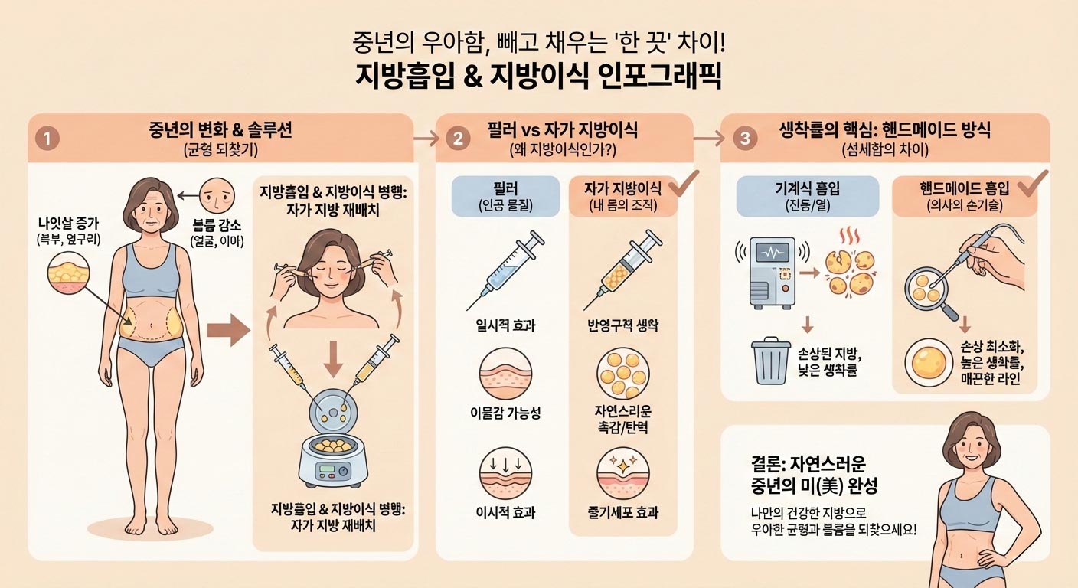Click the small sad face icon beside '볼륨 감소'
[220, 197]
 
